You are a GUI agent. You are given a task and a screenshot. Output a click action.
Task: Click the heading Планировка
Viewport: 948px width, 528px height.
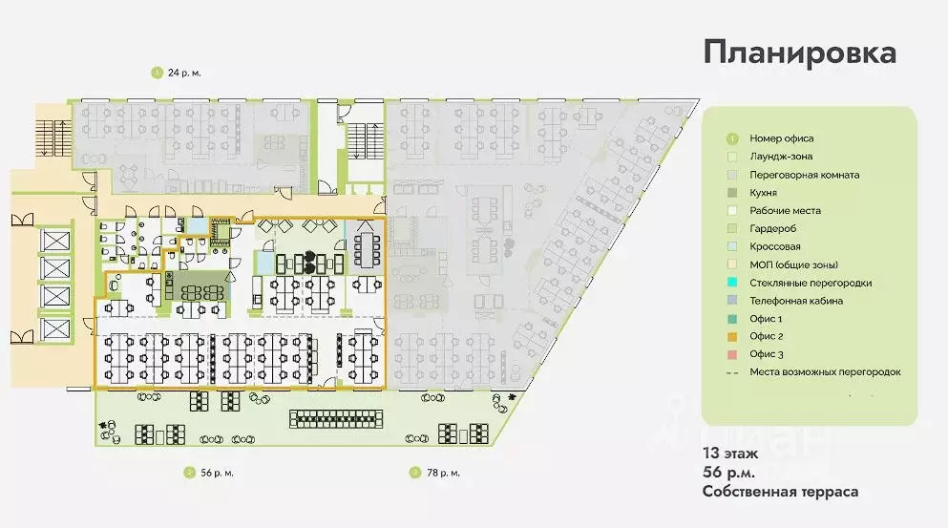(x=799, y=53)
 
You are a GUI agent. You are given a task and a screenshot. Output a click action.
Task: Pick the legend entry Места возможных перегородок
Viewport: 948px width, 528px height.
(x=825, y=372)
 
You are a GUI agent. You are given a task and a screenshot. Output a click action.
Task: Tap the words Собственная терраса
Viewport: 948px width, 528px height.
(x=780, y=492)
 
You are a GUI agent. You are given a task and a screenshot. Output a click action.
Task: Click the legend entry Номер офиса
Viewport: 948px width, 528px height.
(x=781, y=138)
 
